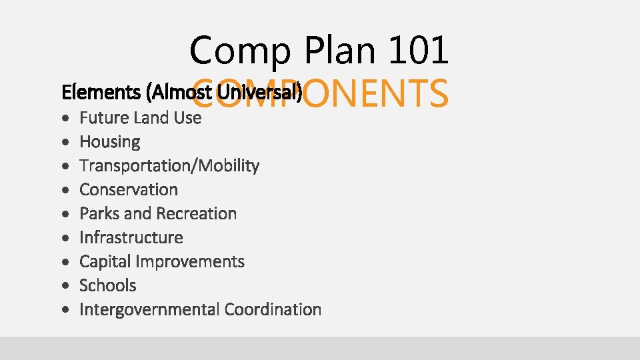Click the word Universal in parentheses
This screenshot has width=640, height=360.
click(271, 92)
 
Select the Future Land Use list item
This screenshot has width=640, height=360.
click(140, 118)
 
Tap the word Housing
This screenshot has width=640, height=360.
click(110, 142)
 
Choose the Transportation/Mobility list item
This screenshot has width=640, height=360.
click(169, 166)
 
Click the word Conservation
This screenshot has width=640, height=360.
click(129, 190)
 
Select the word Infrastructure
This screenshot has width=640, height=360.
click(131, 238)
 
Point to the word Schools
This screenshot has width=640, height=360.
click(107, 286)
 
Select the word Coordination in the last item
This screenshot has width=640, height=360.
click(273, 310)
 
